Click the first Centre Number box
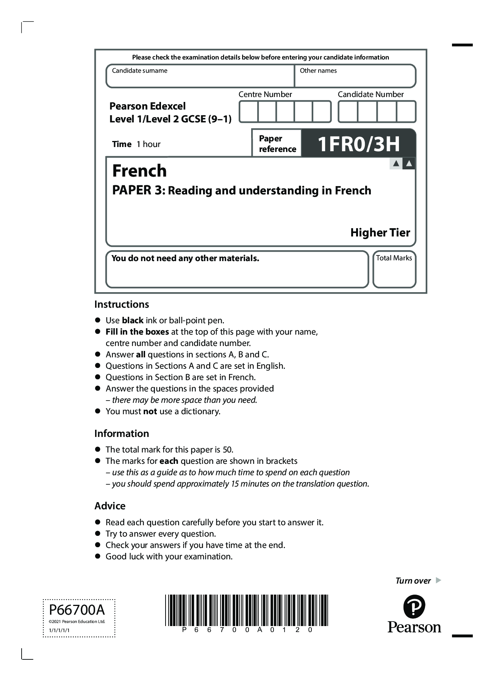(249, 111)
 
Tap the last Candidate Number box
(406, 112)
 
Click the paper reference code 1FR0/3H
(358, 144)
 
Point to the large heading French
(139, 171)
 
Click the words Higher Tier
(380, 232)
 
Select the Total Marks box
(394, 269)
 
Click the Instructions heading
(122, 304)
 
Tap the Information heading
(122, 434)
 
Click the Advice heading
(110, 506)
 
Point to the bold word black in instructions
(133, 321)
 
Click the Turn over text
(413, 581)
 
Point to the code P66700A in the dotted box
(77, 610)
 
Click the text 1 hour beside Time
(149, 144)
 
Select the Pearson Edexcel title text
(147, 106)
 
